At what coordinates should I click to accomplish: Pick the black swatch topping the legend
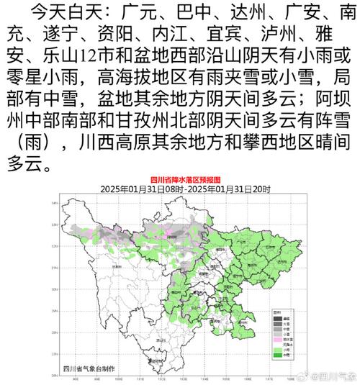point(277,317)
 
